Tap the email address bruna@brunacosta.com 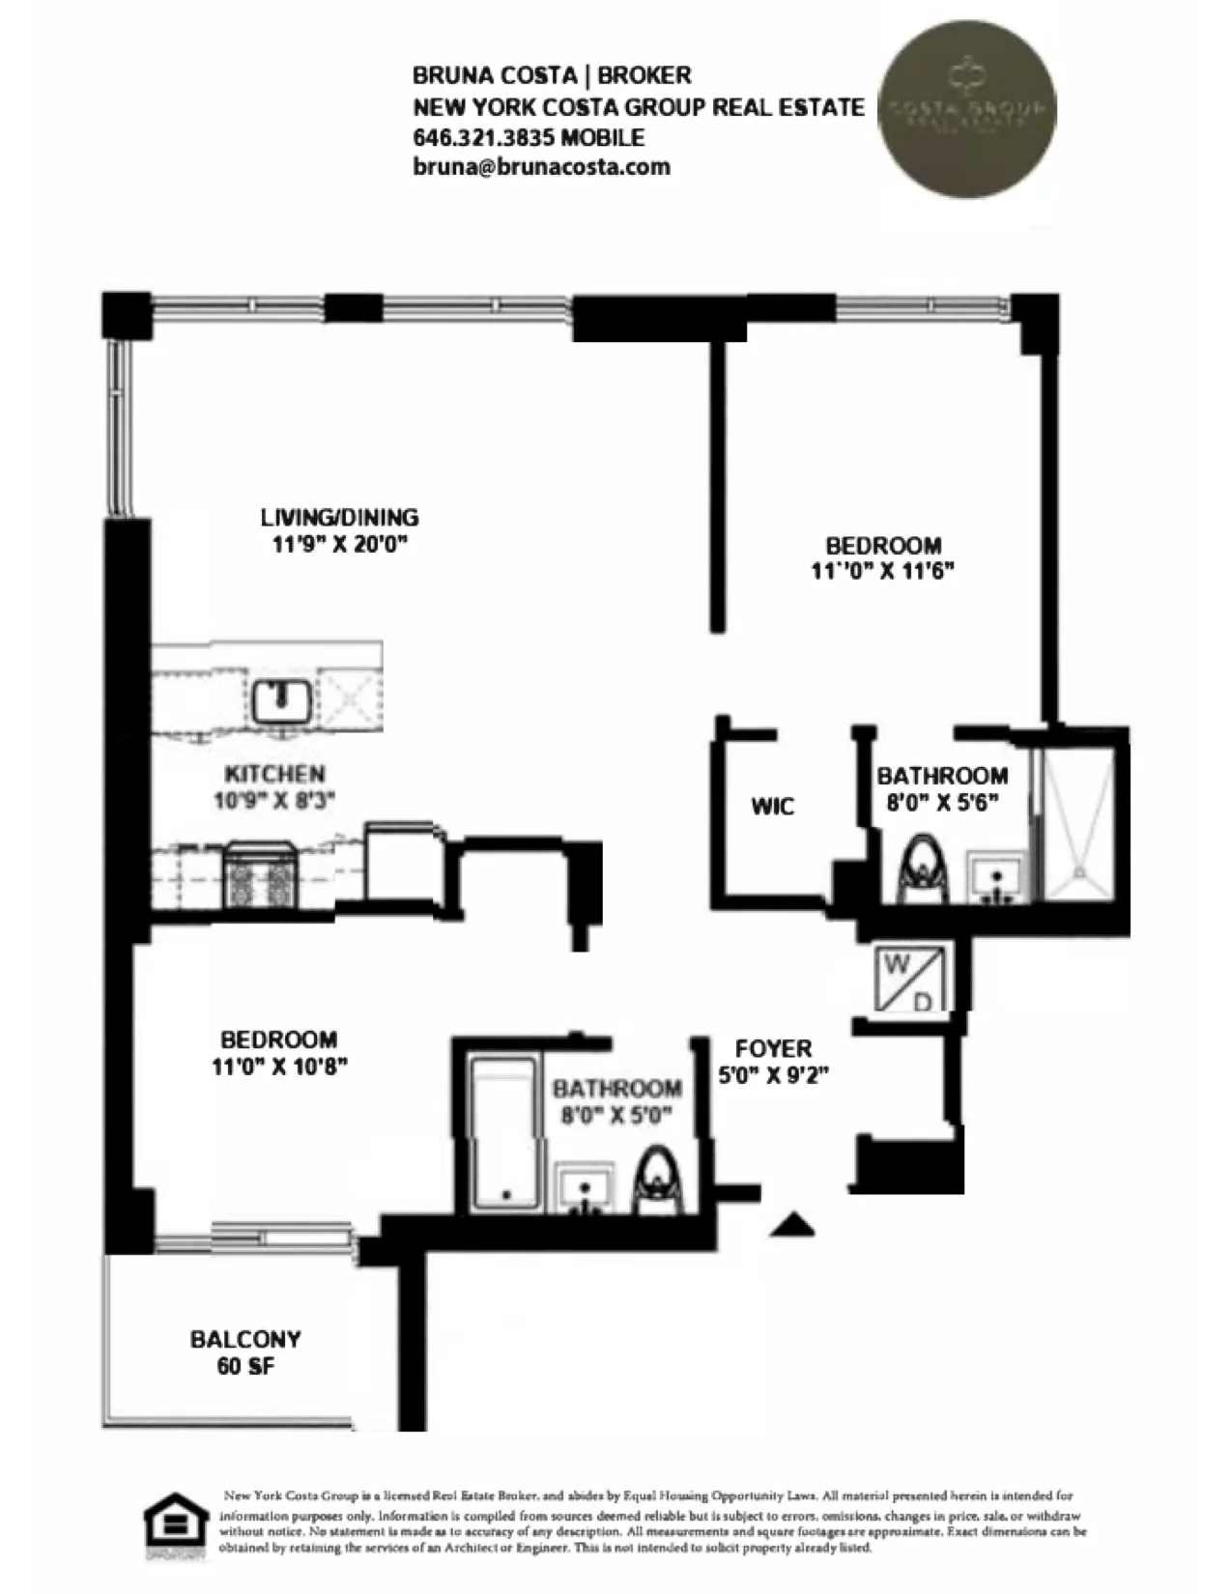(x=541, y=166)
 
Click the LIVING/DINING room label (x=338, y=517)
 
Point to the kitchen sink (x=281, y=700)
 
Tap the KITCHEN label (x=274, y=774)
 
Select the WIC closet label (x=772, y=806)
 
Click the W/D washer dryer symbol (x=909, y=981)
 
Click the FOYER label (x=773, y=1048)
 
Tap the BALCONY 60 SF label (x=244, y=1352)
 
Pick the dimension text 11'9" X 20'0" (x=338, y=544)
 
